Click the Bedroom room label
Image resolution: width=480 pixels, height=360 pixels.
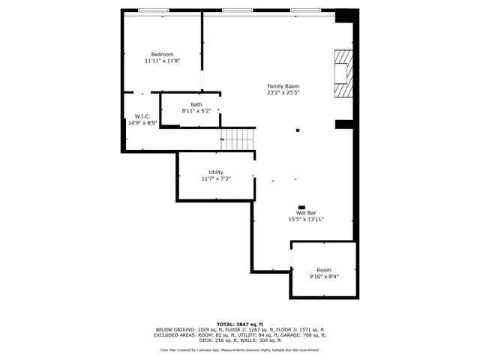pos(162,54)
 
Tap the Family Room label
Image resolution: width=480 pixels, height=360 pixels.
pos(283,86)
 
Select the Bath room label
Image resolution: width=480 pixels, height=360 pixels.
pos(196,104)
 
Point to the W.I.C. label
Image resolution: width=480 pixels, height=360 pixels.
pos(142,116)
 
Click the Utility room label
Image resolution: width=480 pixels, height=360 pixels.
pos(215,172)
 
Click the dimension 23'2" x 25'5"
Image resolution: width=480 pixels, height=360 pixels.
pos(283,93)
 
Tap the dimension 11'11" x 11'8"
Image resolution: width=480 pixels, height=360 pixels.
pos(162,61)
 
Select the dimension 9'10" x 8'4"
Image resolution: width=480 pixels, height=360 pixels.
pos(324,277)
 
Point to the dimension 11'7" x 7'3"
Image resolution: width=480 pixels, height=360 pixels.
pos(215,178)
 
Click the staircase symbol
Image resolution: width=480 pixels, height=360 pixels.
pos(238,139)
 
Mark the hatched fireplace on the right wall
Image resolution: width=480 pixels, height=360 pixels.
pos(343,73)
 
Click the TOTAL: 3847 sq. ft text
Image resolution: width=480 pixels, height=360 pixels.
pos(239,323)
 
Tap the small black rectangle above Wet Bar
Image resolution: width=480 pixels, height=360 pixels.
pos(301,207)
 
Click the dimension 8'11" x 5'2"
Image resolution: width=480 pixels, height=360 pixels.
pos(196,111)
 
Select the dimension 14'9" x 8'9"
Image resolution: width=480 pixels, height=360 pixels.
pos(142,123)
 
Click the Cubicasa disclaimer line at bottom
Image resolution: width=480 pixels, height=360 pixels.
pos(239,349)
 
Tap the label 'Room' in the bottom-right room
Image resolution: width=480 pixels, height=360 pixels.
pos(323,270)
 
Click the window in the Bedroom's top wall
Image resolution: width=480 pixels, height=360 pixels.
pos(153,10)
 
